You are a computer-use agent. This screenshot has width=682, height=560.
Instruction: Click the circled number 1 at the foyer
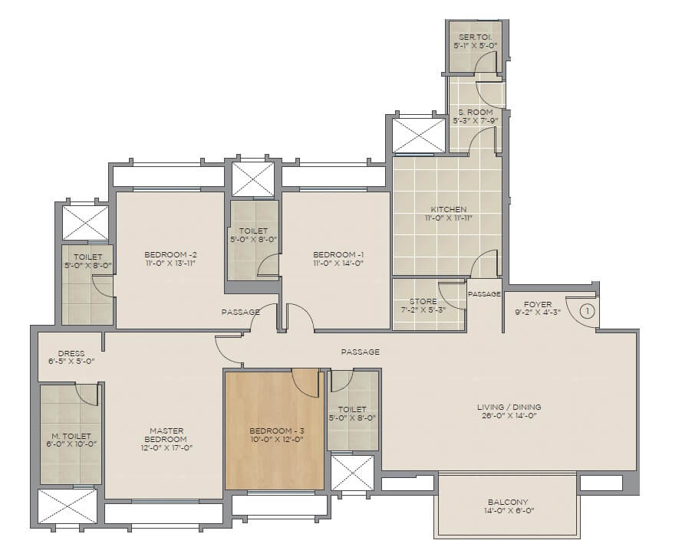pos(587,312)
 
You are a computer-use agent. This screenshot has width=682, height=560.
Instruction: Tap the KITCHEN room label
pos(448,209)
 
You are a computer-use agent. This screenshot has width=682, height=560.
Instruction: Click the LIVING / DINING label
pos(508,407)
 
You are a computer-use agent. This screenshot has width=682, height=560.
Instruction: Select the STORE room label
pos(423,302)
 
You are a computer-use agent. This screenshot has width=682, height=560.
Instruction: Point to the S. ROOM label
pos(475,112)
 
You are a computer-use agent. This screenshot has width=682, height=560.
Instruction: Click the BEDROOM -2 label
pos(171,254)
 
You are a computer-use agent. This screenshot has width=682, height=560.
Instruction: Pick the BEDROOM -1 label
pos(338,254)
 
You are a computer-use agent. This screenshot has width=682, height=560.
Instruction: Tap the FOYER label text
pos(538,304)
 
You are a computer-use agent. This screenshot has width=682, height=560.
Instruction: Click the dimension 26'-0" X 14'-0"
pos(508,417)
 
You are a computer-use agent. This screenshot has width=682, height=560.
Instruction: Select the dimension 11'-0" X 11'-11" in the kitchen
pos(448,218)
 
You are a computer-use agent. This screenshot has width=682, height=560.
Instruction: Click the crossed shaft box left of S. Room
pos(419,136)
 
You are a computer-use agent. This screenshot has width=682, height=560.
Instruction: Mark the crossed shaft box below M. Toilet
pos(68,506)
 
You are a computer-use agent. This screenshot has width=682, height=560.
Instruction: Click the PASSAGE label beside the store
pos(484,294)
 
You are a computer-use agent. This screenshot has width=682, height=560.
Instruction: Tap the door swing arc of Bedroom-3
pos(305,383)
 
